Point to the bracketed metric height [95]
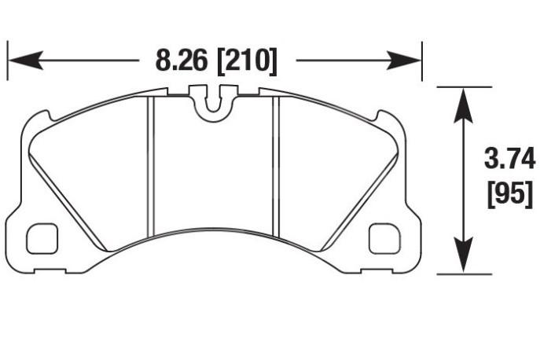509,193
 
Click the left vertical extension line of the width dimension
8,60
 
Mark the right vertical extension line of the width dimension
423,60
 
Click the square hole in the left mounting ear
42,239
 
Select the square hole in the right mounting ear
384,239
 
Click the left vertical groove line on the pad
151,165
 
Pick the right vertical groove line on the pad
276,165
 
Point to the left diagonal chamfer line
67,200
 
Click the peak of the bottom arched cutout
214,233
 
